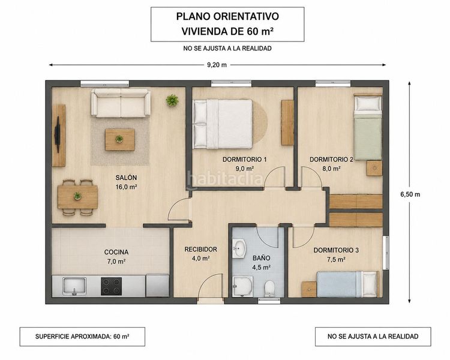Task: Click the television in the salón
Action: [x=58, y=134]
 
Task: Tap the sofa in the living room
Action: [x=121, y=103]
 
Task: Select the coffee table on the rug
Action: [x=120, y=140]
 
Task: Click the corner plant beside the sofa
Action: [x=172, y=100]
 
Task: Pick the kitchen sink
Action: [x=74, y=286]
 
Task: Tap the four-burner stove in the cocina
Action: [x=112, y=286]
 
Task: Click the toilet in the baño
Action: [x=269, y=288]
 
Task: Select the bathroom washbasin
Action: [x=239, y=248]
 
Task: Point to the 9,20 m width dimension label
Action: [x=217, y=65]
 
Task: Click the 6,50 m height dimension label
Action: [x=410, y=194]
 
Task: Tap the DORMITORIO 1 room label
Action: [x=245, y=160]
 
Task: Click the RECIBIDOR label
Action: [x=200, y=249]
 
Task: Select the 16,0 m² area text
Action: [x=126, y=187]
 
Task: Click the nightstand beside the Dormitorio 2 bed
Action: [x=374, y=168]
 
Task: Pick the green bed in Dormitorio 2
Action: [x=368, y=128]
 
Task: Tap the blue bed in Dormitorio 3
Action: [x=347, y=284]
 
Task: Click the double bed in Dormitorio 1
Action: [x=223, y=124]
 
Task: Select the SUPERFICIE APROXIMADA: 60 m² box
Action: [x=82, y=337]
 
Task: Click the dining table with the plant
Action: [x=77, y=197]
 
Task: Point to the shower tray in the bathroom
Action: [x=243, y=287]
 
